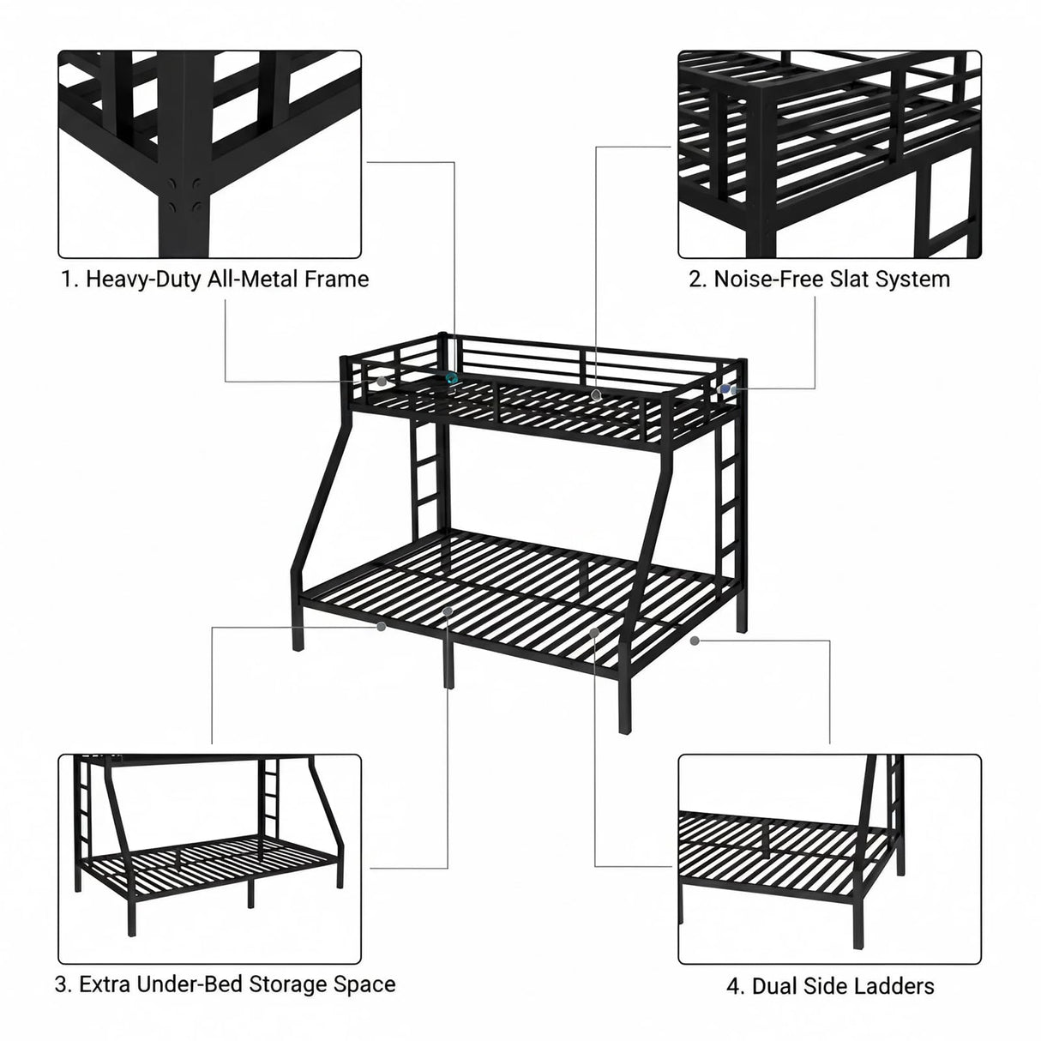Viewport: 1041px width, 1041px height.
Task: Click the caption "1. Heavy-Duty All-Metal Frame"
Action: pyautogui.click(x=215, y=279)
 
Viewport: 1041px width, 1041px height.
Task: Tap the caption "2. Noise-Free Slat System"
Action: pyautogui.click(x=820, y=279)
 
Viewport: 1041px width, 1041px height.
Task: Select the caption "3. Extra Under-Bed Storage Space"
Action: pyautogui.click(x=226, y=984)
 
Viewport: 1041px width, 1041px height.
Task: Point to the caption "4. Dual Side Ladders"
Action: pyautogui.click(x=830, y=986)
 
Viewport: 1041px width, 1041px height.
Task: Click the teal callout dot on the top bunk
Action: pyautogui.click(x=450, y=378)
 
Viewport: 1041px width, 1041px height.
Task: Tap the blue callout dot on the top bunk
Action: pyautogui.click(x=725, y=388)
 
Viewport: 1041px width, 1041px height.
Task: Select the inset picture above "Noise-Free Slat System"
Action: pyautogui.click(x=829, y=154)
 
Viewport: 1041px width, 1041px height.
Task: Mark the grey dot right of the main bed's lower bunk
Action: pyautogui.click(x=694, y=640)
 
